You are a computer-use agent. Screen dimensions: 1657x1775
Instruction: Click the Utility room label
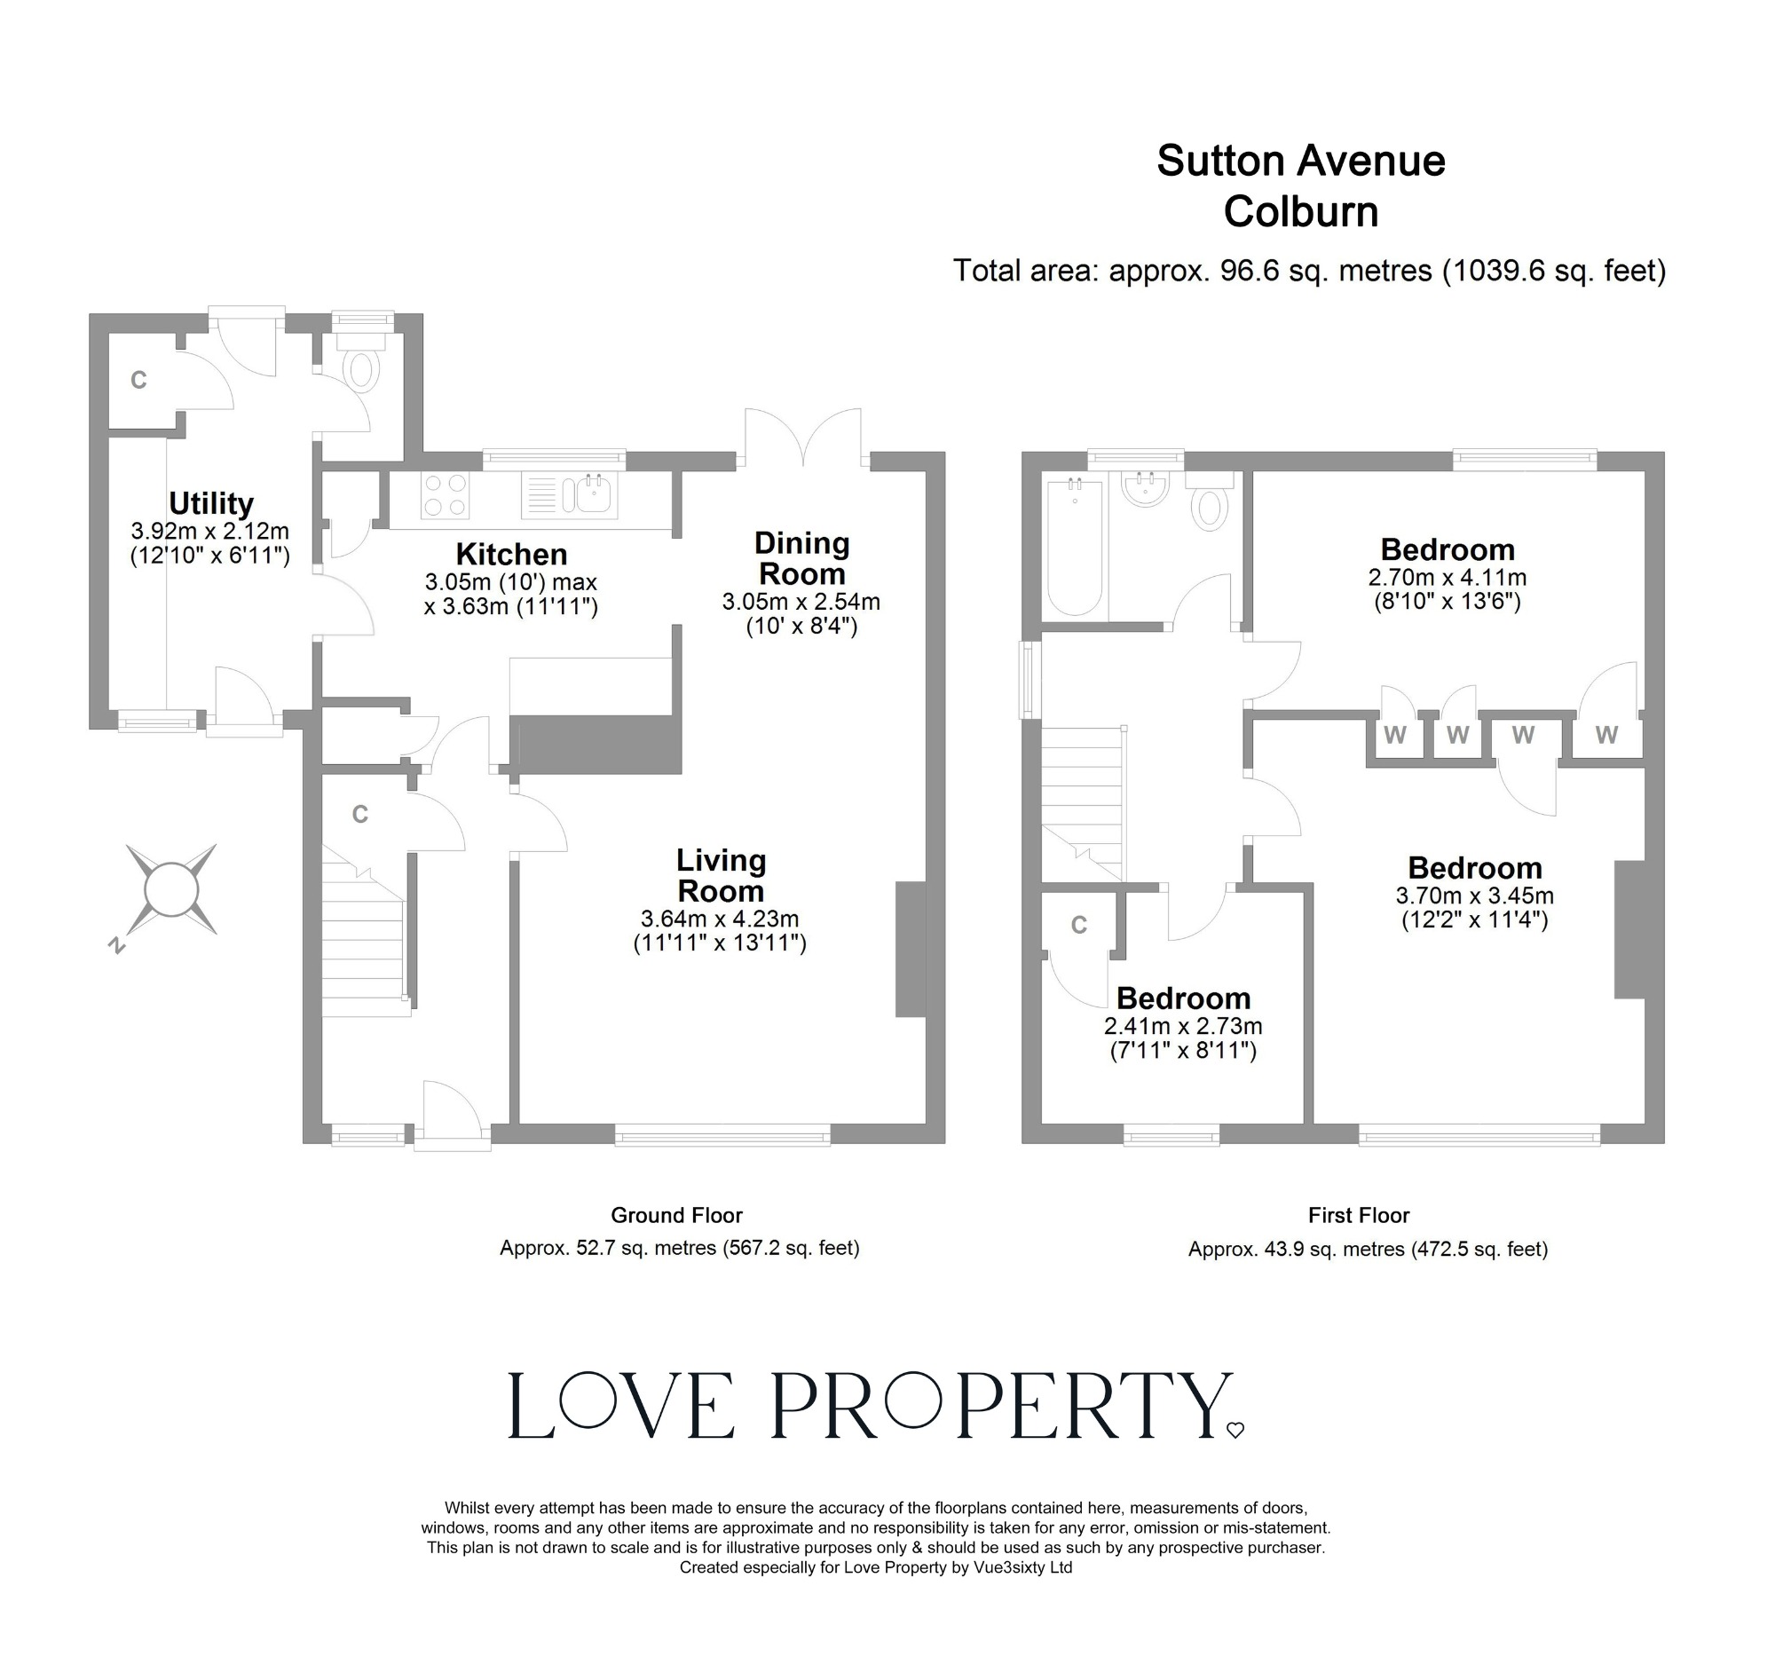210,504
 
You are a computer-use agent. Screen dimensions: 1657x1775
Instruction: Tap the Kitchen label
511,555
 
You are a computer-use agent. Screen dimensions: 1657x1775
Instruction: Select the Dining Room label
801,558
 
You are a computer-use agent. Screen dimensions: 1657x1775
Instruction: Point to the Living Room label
721,876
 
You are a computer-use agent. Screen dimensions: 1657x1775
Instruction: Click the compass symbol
170,890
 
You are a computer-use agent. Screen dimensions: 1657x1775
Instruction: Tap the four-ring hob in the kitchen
445,495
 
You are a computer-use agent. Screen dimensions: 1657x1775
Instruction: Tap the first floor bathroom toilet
1210,504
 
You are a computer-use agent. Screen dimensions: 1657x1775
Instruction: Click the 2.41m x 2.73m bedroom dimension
1183,1027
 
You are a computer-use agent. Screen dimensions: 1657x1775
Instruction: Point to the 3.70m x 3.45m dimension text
1474,896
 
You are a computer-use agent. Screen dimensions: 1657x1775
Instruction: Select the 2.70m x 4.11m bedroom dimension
1448,578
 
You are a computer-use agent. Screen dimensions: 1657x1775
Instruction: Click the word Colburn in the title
1301,212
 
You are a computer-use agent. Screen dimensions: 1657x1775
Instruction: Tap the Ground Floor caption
677,1215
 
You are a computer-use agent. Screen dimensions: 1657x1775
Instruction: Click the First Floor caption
1359,1215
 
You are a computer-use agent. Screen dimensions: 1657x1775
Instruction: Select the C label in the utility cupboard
138,381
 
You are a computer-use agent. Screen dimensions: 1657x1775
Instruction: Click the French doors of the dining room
803,438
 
